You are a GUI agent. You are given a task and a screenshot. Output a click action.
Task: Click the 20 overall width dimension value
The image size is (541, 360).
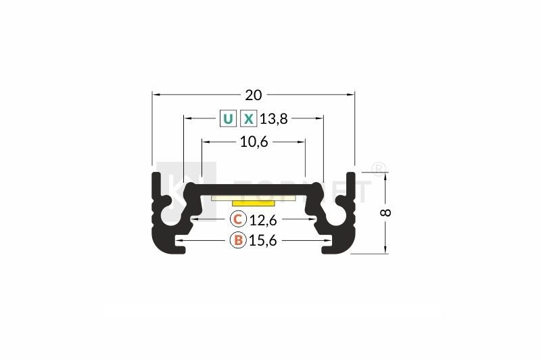[x=254, y=94]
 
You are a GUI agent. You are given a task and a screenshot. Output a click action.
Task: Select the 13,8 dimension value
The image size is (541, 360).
[x=274, y=120]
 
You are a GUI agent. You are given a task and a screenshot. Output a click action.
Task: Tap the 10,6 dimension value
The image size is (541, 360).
[x=254, y=141]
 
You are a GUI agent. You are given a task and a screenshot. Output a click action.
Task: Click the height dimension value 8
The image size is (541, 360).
[x=386, y=212]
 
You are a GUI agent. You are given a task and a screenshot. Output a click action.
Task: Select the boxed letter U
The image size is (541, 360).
[x=228, y=120]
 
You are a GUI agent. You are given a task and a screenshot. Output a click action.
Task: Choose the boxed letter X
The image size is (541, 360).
[x=250, y=120]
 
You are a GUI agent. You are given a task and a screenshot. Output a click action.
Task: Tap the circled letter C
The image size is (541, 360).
[x=237, y=219]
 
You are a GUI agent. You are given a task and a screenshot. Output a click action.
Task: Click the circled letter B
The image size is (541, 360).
[x=237, y=240]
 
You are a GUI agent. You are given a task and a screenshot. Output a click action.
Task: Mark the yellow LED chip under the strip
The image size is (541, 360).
[x=253, y=202]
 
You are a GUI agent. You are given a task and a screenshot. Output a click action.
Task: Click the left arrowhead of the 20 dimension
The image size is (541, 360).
[x=155, y=94]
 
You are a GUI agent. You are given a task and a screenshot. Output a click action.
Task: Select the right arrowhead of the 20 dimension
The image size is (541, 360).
[x=351, y=94]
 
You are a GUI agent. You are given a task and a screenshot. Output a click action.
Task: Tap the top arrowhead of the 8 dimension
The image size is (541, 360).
[x=386, y=176]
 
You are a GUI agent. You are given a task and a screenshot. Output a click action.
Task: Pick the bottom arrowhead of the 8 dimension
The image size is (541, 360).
[x=386, y=250]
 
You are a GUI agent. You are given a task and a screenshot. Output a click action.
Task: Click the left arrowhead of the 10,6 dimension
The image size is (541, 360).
[x=205, y=141]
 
